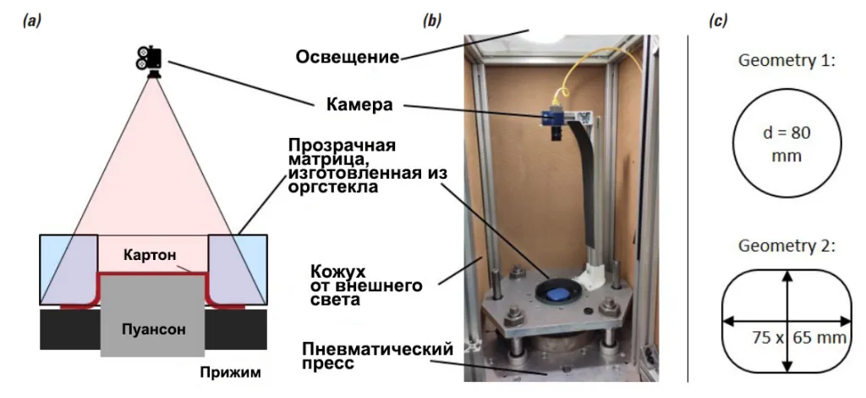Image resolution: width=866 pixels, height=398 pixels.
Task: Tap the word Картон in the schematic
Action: pyautogui.click(x=152, y=255)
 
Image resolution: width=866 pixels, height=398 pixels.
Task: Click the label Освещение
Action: pyautogui.click(x=347, y=58)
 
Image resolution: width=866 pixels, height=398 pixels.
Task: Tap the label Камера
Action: pyautogui.click(x=359, y=106)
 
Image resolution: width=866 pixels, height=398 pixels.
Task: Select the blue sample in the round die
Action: pyautogui.click(x=556, y=292)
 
